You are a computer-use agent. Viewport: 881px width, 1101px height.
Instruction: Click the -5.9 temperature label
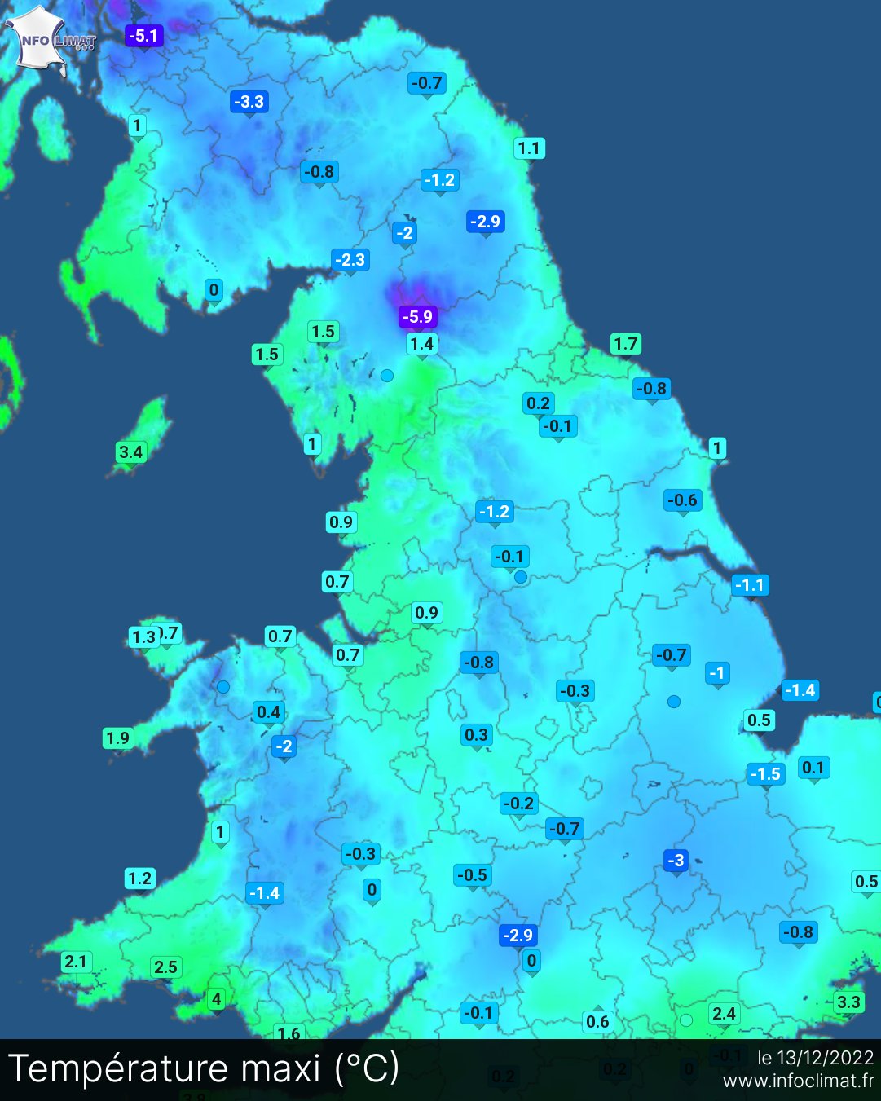(x=418, y=316)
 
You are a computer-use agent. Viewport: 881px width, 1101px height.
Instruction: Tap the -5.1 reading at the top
(x=143, y=36)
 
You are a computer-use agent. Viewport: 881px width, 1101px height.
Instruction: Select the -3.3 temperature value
(x=249, y=102)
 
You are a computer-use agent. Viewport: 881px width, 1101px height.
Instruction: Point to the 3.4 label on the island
(x=130, y=452)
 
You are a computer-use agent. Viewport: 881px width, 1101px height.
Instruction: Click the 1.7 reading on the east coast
(x=626, y=344)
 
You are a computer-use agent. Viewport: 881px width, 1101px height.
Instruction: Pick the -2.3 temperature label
(x=351, y=260)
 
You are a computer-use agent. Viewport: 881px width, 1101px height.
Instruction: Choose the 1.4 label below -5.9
(x=421, y=344)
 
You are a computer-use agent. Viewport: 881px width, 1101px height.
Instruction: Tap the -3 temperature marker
(x=676, y=860)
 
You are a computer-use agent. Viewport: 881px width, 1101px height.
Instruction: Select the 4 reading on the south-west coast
(x=216, y=998)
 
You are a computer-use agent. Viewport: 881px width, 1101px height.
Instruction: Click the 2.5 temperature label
(x=165, y=967)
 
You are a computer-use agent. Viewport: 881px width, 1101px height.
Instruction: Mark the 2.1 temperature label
(x=76, y=962)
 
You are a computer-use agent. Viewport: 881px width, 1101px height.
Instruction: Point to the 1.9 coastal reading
(x=117, y=738)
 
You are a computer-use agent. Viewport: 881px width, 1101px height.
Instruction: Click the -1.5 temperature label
(x=766, y=774)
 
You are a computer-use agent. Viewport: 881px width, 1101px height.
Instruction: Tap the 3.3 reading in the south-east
(x=848, y=1002)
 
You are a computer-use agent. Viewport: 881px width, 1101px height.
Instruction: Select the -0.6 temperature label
(x=682, y=500)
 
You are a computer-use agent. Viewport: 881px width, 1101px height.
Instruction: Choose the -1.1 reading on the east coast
(x=750, y=585)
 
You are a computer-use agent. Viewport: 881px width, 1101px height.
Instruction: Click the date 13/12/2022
(x=825, y=1058)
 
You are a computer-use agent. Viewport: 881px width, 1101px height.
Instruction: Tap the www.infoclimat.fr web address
(x=798, y=1081)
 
